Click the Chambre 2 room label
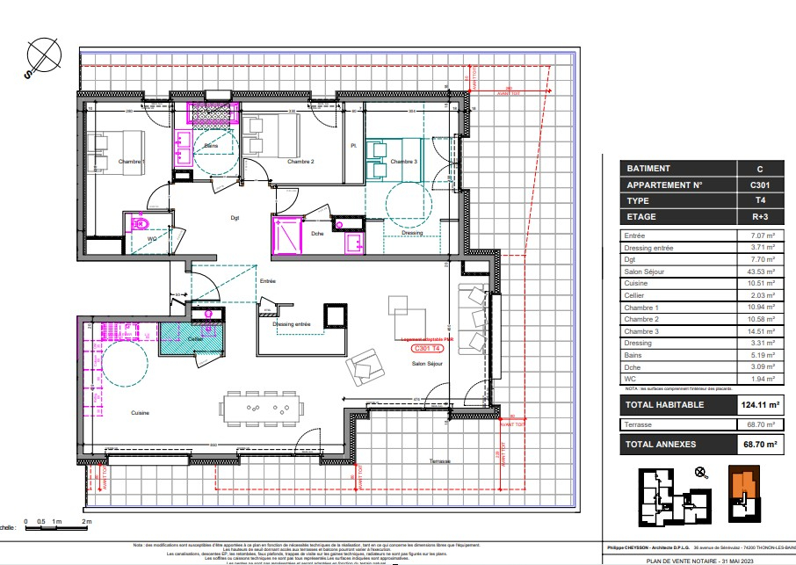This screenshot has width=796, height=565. tap(300, 163)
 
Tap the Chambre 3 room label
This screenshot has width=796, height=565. tap(404, 162)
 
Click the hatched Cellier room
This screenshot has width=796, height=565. tap(191, 339)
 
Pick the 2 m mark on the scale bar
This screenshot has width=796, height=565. tap(86, 522)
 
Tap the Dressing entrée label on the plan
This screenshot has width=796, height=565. tap(292, 324)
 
